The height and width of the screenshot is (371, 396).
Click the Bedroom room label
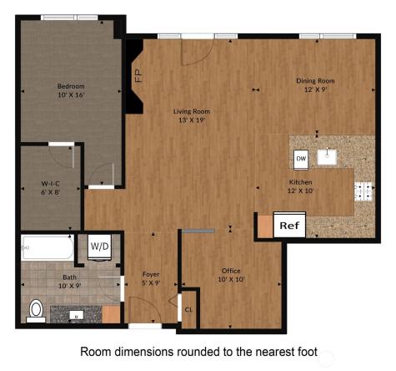pyautogui.click(x=72, y=86)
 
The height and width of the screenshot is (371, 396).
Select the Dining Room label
pyautogui.click(x=315, y=81)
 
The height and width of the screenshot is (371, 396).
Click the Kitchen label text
pyautogui.click(x=299, y=181)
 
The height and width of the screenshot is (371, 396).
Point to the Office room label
pyautogui.click(x=230, y=271)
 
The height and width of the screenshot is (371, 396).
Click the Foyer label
pyautogui.click(x=151, y=273)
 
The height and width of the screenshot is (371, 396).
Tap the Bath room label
pyautogui.click(x=71, y=277)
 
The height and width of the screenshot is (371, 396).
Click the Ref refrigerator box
pyautogui.click(x=288, y=226)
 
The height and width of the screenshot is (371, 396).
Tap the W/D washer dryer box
pyautogui.click(x=99, y=246)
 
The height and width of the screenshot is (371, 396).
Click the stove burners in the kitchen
pyautogui.click(x=363, y=191)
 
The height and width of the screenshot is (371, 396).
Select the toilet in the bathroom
pyautogui.click(x=35, y=309)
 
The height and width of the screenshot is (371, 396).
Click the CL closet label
pyautogui.click(x=188, y=309)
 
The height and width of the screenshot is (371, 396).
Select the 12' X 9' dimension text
pyautogui.click(x=315, y=90)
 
